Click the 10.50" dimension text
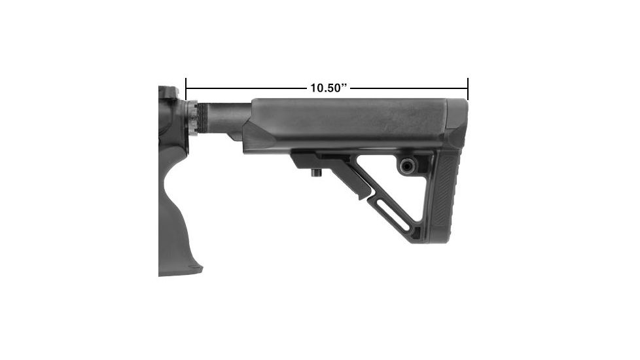tap(327, 88)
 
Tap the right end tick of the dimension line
tap(468, 88)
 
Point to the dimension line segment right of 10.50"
tap(409, 88)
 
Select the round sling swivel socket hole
tap(407, 165)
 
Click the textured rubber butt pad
tap(452, 196)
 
